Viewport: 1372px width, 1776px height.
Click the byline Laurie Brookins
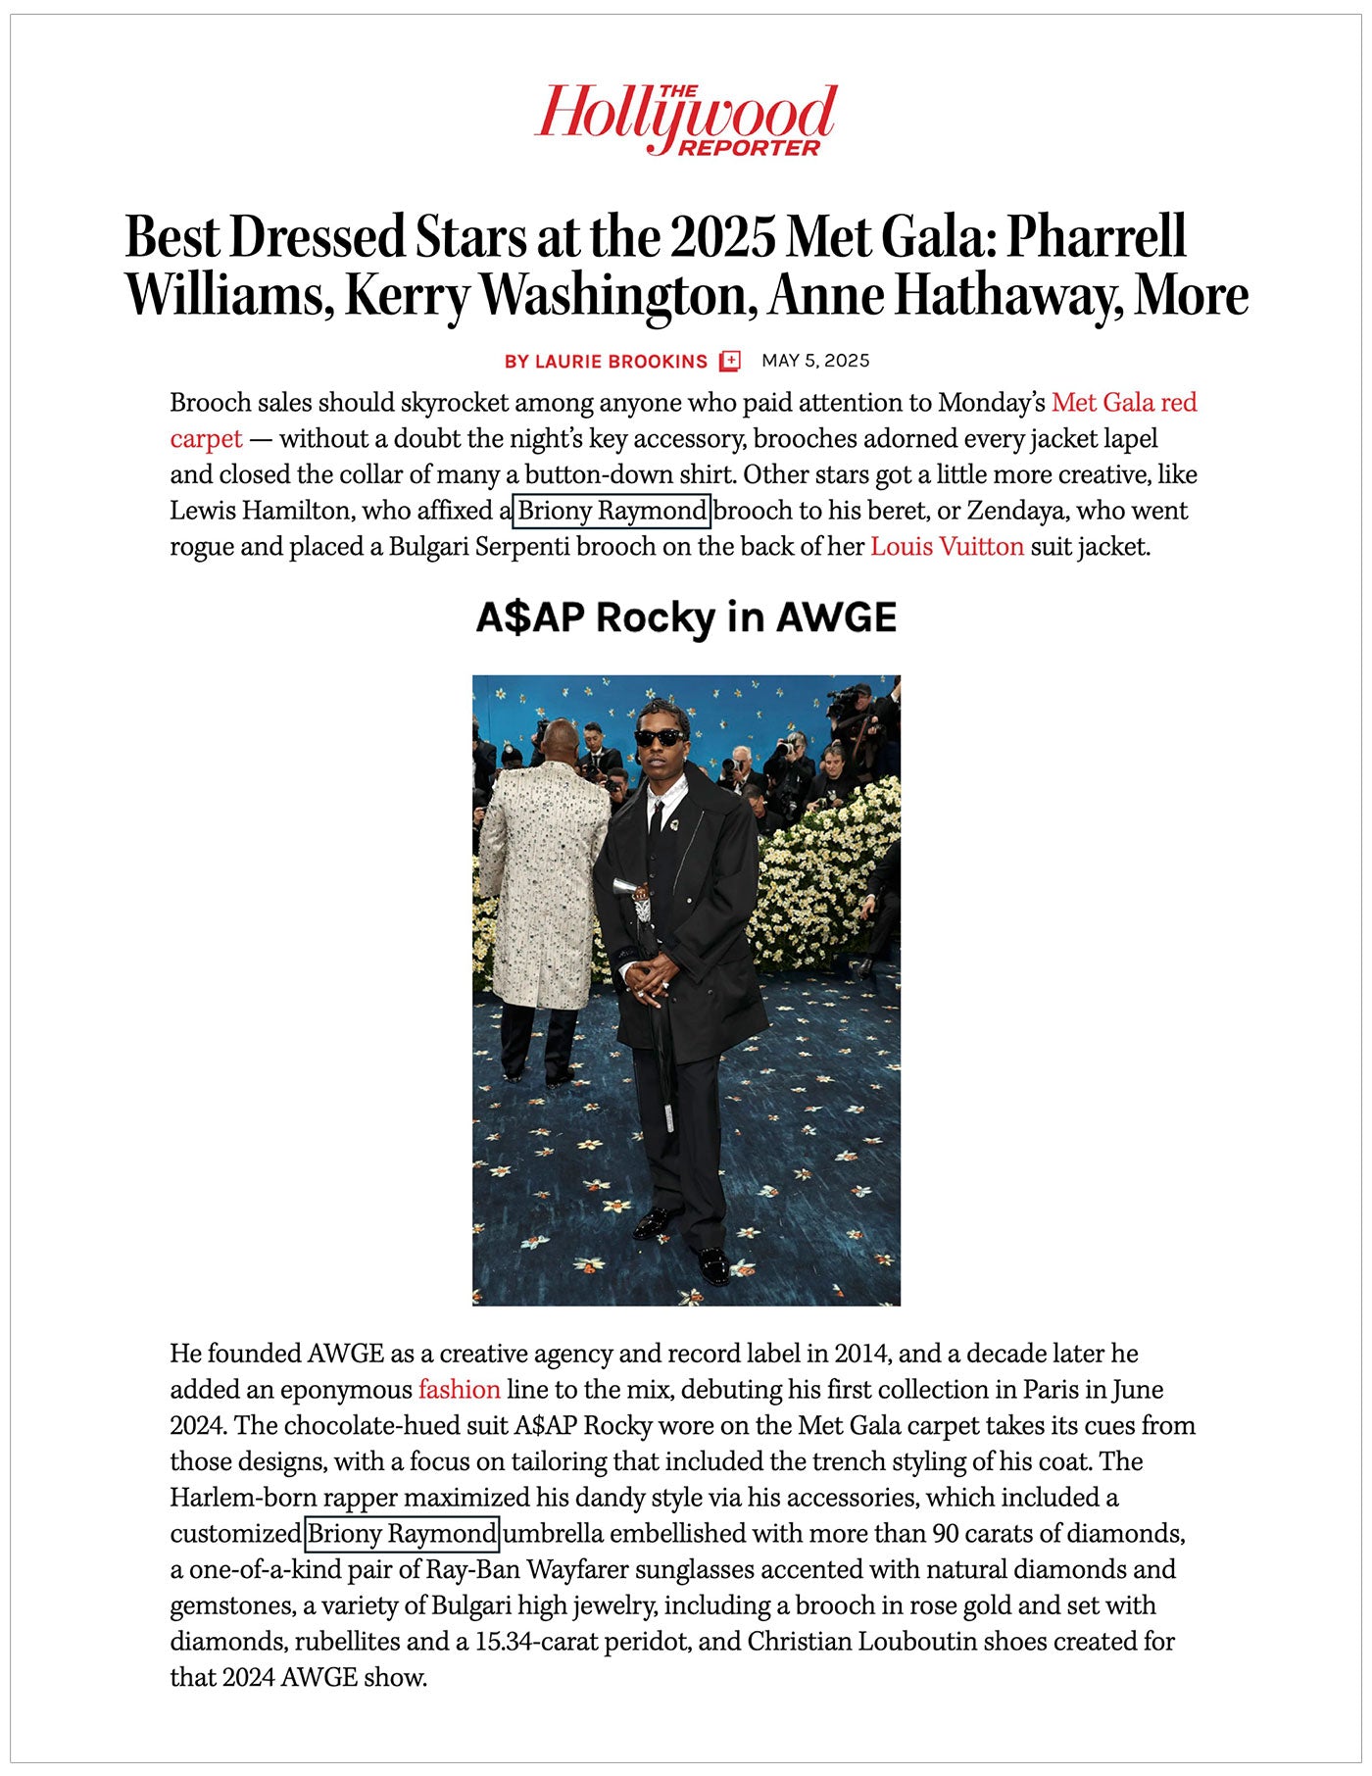tap(606, 362)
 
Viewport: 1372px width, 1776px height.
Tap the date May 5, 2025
tap(815, 361)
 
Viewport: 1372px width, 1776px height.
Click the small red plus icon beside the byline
tap(730, 362)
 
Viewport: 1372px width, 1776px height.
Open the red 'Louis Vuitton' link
tap(947, 547)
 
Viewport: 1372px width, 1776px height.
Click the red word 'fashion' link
tap(459, 1389)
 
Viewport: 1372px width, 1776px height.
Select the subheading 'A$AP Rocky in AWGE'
tap(686, 618)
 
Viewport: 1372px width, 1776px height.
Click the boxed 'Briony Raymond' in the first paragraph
tap(612, 511)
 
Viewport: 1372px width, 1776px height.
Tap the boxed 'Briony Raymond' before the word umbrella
tap(402, 1533)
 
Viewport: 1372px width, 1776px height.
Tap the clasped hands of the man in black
tap(651, 980)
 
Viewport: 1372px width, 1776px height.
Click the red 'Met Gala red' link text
tap(1124, 403)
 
